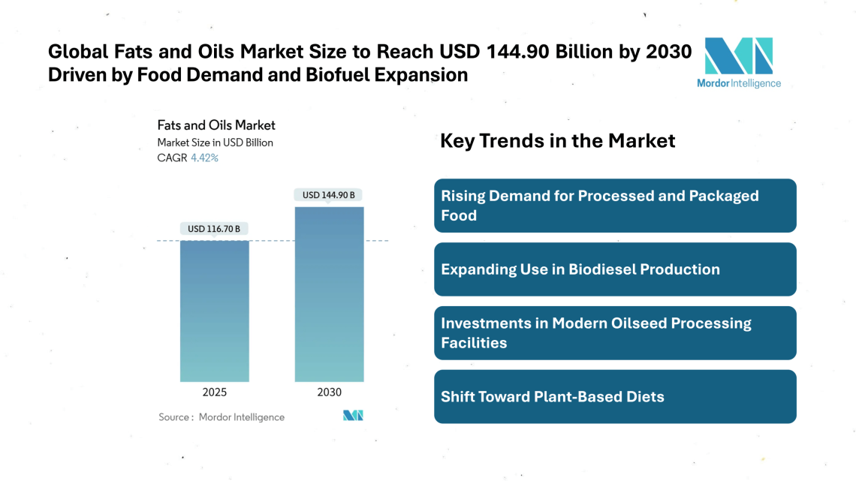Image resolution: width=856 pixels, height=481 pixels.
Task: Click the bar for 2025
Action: point(214,311)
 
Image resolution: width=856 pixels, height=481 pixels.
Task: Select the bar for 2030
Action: point(329,293)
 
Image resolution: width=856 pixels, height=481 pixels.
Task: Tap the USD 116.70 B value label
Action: point(214,228)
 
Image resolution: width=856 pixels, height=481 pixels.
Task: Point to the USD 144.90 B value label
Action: point(329,195)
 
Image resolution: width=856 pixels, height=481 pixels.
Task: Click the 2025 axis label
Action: point(214,392)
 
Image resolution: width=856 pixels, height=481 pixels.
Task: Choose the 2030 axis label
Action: point(329,392)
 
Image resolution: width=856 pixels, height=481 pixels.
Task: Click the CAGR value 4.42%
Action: point(204,158)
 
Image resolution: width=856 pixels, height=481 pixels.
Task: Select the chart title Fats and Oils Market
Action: point(216,125)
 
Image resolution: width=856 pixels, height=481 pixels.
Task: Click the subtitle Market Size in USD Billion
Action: point(215,142)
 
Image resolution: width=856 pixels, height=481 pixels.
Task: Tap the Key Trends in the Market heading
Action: point(557,140)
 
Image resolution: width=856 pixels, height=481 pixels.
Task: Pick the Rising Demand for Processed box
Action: point(615,206)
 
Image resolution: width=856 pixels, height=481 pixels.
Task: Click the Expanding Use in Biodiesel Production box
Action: point(615,269)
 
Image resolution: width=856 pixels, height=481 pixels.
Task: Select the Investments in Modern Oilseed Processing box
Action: point(615,333)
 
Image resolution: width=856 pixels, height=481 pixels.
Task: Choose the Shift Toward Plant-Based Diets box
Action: point(615,397)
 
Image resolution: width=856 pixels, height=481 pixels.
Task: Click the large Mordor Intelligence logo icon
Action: point(738,56)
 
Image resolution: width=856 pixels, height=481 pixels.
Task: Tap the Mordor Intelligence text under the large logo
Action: point(738,83)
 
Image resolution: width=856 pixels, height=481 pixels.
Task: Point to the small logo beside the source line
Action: point(353,416)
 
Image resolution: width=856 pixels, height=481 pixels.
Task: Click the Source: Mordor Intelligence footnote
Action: point(222,417)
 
